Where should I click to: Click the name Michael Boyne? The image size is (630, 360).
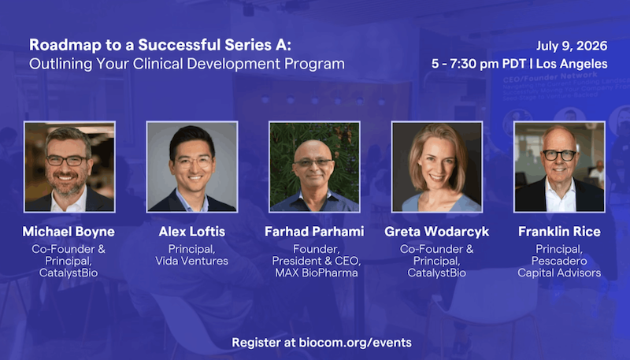69,232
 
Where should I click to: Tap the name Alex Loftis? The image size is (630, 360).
192,232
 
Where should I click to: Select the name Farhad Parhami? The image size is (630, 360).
314,232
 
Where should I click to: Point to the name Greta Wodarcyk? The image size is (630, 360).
437,232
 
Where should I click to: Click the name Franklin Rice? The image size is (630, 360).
559,232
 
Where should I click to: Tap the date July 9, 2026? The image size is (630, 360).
572,46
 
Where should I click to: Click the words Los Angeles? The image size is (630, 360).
572,64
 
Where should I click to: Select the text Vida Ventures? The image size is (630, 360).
192,261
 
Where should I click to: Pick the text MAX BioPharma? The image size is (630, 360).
317,273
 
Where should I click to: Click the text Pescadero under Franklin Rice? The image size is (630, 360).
559,261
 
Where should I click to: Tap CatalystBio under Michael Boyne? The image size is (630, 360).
69,273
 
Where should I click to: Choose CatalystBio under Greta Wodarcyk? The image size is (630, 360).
437,273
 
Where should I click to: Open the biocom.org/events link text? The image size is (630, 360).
355,343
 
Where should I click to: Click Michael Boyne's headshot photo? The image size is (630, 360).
69,167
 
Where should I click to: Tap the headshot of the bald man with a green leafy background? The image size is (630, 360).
314,167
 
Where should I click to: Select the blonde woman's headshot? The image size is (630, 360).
437,167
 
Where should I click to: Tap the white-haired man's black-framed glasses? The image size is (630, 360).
559,155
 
